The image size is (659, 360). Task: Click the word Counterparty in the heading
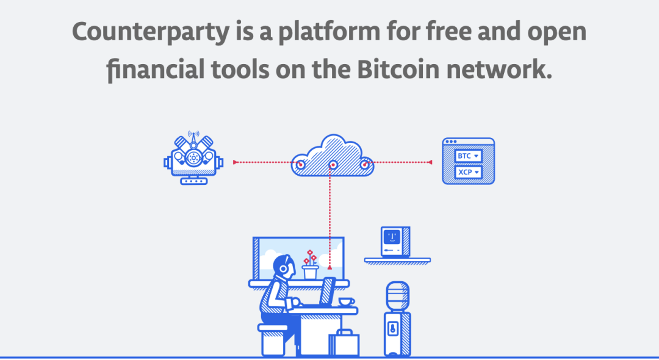tap(151, 32)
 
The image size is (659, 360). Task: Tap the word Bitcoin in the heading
tap(398, 70)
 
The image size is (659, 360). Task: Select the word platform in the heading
tap(329, 32)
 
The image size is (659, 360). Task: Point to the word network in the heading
tap(499, 70)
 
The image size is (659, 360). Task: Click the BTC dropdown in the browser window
tap(468, 156)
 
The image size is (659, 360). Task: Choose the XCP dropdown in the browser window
tap(468, 172)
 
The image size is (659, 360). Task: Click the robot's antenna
tap(193, 139)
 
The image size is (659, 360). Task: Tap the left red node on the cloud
tap(300, 165)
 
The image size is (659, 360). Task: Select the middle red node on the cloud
tap(333, 165)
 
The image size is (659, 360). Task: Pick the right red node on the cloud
tap(364, 165)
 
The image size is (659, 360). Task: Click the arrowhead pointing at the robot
tap(236, 162)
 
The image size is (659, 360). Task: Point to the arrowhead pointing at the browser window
tap(430, 162)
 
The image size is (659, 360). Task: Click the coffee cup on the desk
tap(347, 301)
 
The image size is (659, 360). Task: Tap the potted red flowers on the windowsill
tap(310, 265)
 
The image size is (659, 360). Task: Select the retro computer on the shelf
tap(395, 242)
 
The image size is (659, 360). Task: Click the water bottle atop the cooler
tap(397, 295)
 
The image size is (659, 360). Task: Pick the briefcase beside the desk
tap(344, 343)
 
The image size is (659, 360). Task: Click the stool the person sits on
tap(273, 340)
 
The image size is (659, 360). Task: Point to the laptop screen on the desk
tap(328, 290)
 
